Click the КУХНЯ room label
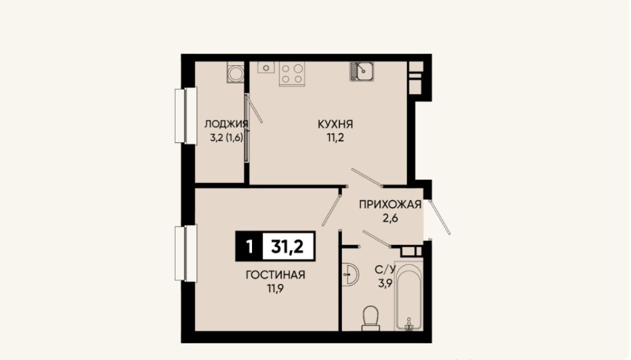[x=335, y=124]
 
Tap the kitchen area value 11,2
[x=336, y=137]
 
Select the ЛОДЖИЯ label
[x=226, y=124]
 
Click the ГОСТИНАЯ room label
[x=275, y=275]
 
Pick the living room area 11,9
[x=275, y=288]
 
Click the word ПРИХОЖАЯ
[x=390, y=205]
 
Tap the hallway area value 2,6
[x=390, y=219]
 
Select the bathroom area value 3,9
[x=385, y=283]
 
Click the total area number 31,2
[x=288, y=246]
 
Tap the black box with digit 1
[x=249, y=246]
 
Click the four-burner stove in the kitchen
[x=292, y=74]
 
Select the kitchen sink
[x=361, y=72]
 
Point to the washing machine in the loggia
[x=235, y=73]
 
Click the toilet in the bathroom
[x=370, y=319]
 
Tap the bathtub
[x=409, y=296]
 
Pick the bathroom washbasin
[x=349, y=275]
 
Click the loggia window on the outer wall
[x=185, y=115]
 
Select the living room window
[x=185, y=253]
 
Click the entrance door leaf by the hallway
[x=439, y=216]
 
